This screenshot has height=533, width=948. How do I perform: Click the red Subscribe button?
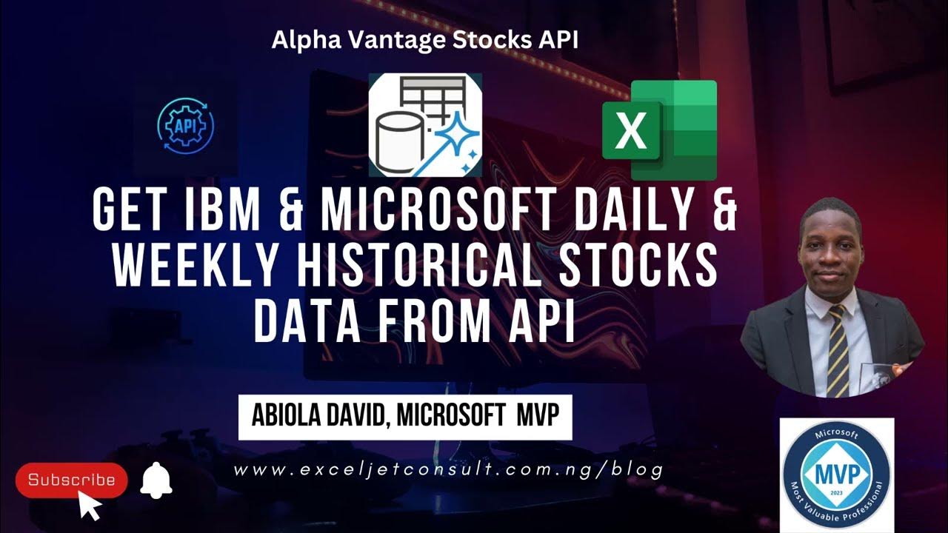click(72, 480)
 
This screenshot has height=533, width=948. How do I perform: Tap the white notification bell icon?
click(156, 480)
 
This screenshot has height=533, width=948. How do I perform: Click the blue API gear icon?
click(185, 126)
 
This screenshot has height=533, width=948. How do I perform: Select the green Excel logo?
click(659, 130)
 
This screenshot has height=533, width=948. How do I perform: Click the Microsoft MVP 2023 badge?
click(837, 475)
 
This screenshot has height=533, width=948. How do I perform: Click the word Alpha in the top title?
click(306, 40)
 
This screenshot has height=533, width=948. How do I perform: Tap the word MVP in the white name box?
click(538, 415)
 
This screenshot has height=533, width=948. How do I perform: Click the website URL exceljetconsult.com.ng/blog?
click(448, 471)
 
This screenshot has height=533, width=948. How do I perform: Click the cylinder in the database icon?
click(399, 144)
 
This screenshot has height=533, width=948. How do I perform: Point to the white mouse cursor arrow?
click(90, 505)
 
